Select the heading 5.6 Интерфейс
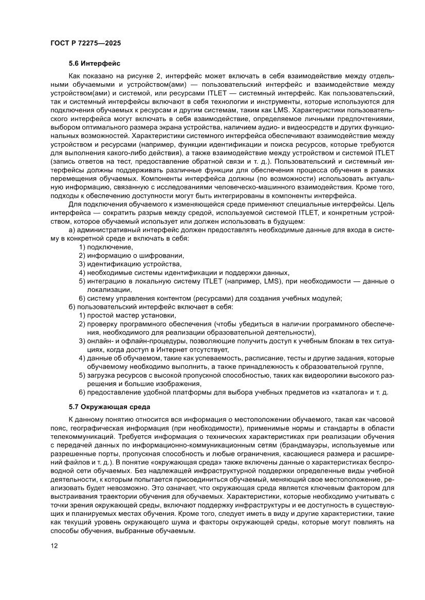click(94, 64)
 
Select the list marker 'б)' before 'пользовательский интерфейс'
click(72, 306)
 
